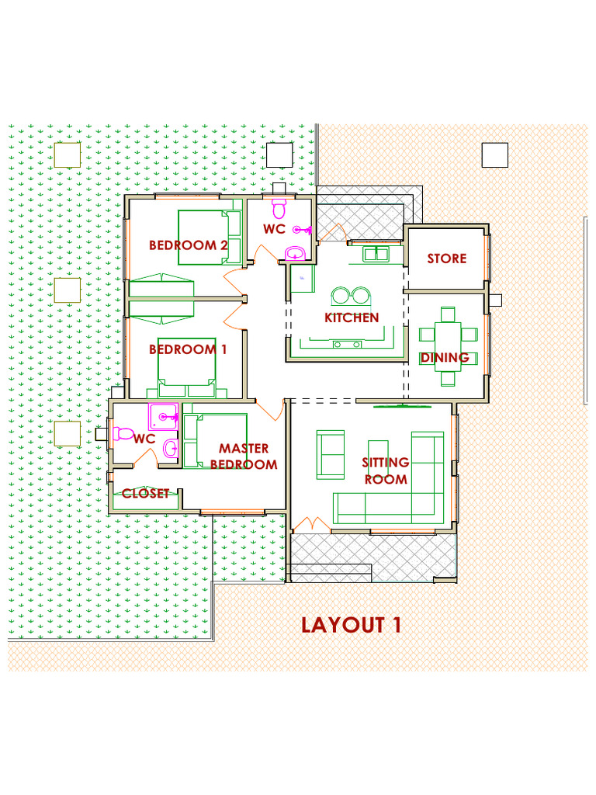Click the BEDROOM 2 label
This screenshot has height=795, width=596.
pyautogui.click(x=188, y=245)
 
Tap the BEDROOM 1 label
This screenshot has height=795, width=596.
pyautogui.click(x=188, y=349)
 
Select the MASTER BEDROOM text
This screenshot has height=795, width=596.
pyautogui.click(x=244, y=457)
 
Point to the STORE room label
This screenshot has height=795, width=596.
pyautogui.click(x=447, y=259)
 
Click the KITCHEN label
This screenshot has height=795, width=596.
pyautogui.click(x=352, y=318)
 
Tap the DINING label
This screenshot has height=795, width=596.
pyautogui.click(x=445, y=358)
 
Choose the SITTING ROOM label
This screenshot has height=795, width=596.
pyautogui.click(x=386, y=471)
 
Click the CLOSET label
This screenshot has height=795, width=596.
pyautogui.click(x=145, y=493)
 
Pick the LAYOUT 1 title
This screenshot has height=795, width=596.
pyautogui.click(x=352, y=625)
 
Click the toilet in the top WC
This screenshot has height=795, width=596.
pyautogui.click(x=279, y=208)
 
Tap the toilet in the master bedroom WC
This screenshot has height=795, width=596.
pyautogui.click(x=124, y=433)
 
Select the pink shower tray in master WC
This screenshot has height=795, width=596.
pyautogui.click(x=164, y=417)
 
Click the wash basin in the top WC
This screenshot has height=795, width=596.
pyautogui.click(x=295, y=253)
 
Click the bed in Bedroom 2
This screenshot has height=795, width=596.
pyautogui.click(x=206, y=238)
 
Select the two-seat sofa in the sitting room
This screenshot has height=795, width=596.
pyautogui.click(x=331, y=454)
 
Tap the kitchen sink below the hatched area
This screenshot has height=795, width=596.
pyautogui.click(x=376, y=254)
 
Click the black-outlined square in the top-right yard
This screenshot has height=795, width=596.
pyautogui.click(x=494, y=155)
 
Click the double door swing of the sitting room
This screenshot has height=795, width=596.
pyautogui.click(x=314, y=524)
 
